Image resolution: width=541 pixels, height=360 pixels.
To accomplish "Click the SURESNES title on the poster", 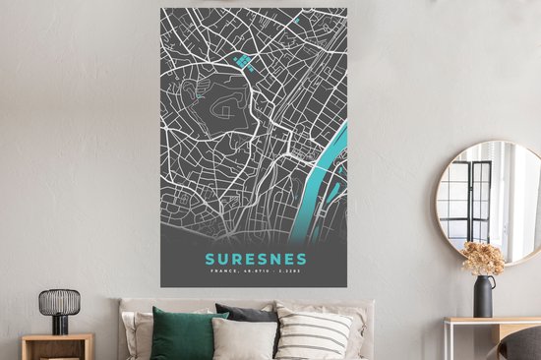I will coord(255,260).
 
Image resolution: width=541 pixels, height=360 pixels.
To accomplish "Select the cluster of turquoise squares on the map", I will coord(242,63).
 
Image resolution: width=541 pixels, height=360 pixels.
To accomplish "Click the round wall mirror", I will coord(488,202).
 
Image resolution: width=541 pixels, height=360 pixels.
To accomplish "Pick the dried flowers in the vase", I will coord(484,258).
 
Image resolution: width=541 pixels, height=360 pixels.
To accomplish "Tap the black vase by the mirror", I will coord(484,296).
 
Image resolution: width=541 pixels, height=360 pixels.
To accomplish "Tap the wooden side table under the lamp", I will coord(57,346).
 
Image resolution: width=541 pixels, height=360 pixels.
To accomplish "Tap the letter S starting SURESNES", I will coord(208,260).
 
